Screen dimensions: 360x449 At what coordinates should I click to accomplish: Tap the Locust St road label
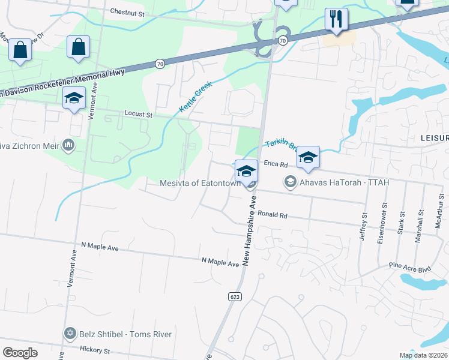139,113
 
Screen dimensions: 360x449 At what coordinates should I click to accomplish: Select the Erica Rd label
277,164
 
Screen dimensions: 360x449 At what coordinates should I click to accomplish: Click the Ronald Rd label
273,214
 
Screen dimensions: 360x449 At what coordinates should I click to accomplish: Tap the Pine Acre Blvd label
410,265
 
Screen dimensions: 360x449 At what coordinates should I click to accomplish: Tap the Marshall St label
419,225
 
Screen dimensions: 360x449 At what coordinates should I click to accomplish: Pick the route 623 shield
235,296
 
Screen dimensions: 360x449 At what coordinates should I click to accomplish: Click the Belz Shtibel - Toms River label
125,334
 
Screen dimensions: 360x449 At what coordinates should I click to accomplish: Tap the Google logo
20,353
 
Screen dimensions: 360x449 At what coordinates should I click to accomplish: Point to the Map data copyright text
424,355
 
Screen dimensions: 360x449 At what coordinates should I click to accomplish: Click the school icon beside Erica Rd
307,158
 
